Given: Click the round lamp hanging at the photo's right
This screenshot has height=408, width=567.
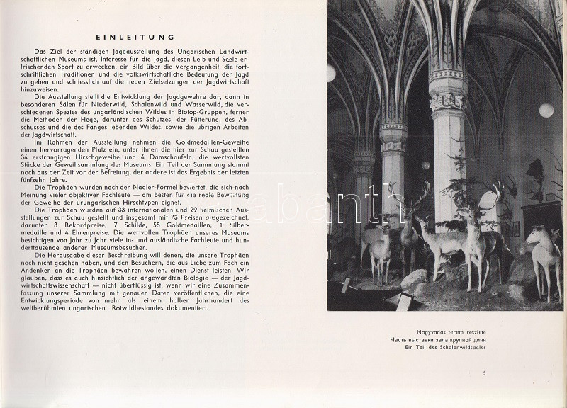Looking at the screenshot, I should point(546,110).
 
